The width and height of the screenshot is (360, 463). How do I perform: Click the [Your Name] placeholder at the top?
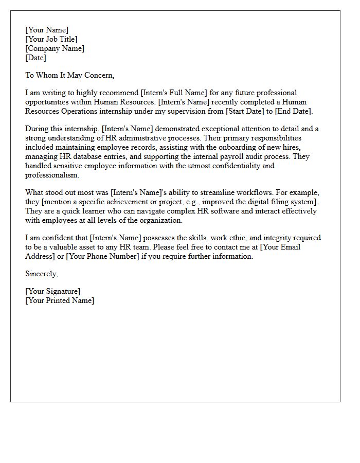click(x=47, y=30)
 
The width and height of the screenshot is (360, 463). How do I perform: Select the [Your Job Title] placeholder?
click(x=51, y=39)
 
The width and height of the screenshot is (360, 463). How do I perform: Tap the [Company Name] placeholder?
click(x=55, y=48)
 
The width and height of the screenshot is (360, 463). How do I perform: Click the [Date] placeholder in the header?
click(x=36, y=58)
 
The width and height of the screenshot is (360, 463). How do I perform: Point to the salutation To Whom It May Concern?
click(x=69, y=75)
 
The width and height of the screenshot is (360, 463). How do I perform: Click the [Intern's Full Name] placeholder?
click(x=174, y=93)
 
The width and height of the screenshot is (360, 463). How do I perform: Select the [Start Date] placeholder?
click(x=241, y=111)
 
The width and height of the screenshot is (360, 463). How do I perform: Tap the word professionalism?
click(x=52, y=175)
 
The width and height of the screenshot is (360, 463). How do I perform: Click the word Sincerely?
click(x=42, y=274)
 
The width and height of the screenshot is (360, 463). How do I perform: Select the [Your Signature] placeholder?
click(x=53, y=291)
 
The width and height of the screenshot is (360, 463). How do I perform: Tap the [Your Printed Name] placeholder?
click(x=60, y=300)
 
